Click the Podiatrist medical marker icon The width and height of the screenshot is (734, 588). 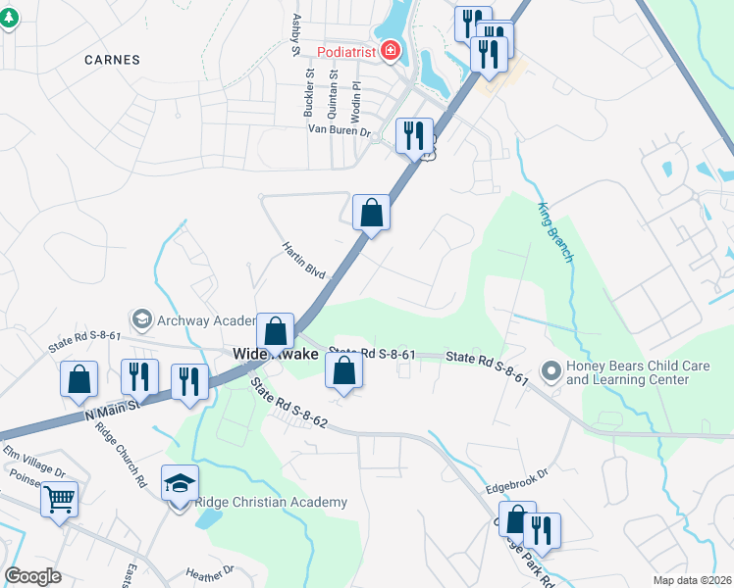[x=391, y=50]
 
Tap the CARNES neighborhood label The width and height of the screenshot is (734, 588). [x=112, y=60]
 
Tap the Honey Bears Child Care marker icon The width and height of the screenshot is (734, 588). [x=550, y=371]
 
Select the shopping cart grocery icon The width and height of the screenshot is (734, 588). [x=59, y=499]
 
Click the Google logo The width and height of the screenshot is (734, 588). [x=33, y=576]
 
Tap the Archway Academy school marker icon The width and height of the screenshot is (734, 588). [x=142, y=319]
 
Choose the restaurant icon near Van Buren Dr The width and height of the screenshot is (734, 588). [x=414, y=135]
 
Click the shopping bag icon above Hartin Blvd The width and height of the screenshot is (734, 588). [x=371, y=212]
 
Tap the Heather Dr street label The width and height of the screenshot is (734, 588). [x=210, y=570]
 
